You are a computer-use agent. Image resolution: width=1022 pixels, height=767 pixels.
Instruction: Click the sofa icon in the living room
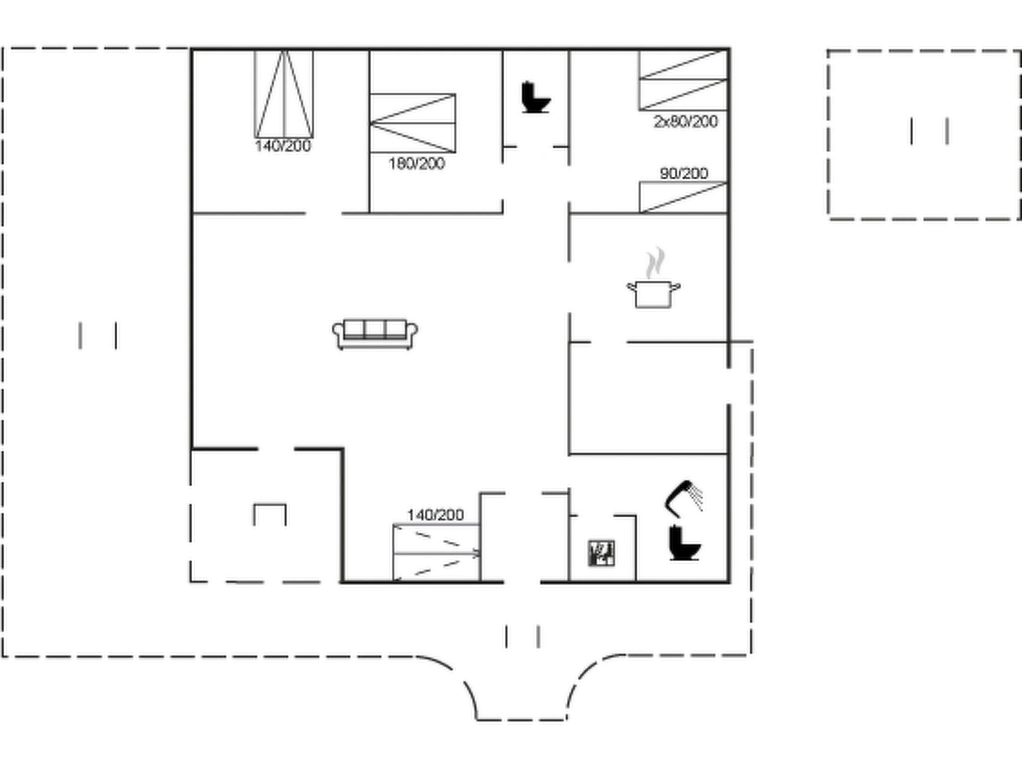coord(375,334)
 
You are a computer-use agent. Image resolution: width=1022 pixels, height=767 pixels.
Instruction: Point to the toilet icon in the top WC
coord(535,98)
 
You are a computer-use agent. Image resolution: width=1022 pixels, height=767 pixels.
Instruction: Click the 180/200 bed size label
coord(417,164)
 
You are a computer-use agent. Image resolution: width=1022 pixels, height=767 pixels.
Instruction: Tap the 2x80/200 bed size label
coord(686,121)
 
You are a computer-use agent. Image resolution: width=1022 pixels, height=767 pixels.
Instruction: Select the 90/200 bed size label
coord(684,173)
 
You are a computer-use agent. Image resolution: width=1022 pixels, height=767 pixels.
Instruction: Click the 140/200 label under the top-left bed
coord(283,146)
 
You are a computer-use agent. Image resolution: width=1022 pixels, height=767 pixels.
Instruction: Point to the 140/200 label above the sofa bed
coord(436,514)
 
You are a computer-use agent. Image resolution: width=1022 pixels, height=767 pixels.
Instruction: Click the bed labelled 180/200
coord(413,123)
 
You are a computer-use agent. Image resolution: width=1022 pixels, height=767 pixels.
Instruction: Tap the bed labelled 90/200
coord(683,197)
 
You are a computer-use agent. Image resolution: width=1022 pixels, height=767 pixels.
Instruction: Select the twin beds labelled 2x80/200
coord(683,80)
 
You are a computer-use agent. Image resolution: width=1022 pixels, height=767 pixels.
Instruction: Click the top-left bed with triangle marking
coord(284,94)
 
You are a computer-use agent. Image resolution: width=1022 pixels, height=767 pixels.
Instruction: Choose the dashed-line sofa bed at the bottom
coord(437,553)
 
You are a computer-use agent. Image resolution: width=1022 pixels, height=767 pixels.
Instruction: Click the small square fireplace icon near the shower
coord(601,553)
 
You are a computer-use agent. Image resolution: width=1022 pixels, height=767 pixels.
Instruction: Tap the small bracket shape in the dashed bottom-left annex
coord(270,505)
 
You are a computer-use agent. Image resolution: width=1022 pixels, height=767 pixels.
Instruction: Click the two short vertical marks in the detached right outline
coord(929,131)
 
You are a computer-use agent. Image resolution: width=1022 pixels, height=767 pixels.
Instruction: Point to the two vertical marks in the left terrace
coord(98,336)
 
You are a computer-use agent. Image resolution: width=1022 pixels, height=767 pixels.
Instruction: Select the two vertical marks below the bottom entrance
coord(522,637)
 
